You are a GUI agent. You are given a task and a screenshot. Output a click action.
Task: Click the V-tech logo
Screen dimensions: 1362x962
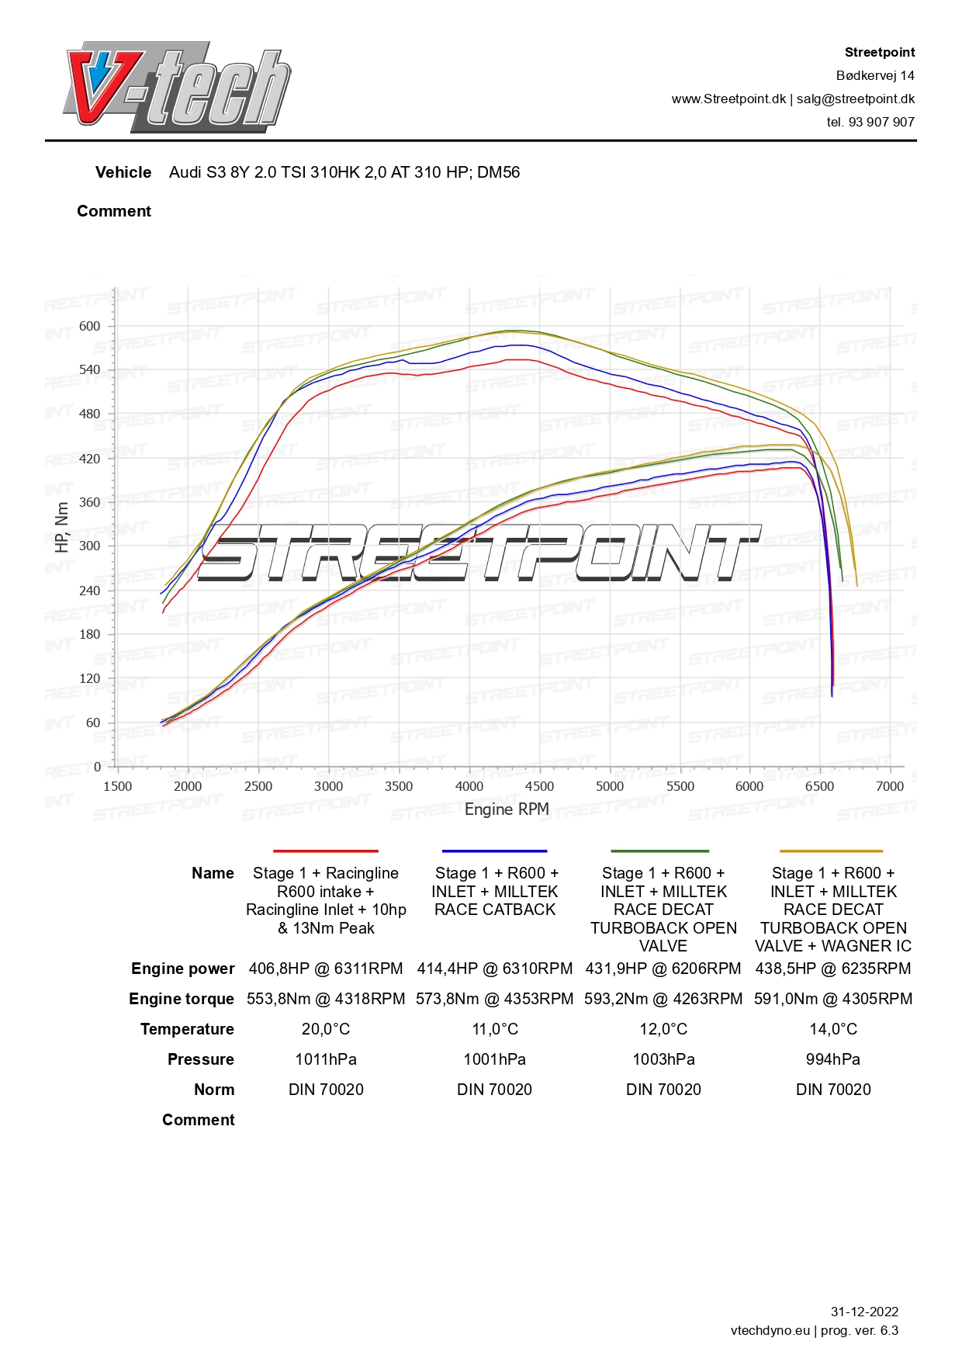tap(177, 87)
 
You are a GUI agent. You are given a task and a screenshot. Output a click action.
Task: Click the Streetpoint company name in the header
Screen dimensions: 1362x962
tap(879, 52)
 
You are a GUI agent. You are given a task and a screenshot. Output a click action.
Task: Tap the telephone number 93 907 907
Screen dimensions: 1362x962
tap(881, 122)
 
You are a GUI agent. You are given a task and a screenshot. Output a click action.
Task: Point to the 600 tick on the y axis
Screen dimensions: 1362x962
tap(90, 326)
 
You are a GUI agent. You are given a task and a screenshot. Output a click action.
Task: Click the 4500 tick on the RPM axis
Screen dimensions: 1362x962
tap(539, 786)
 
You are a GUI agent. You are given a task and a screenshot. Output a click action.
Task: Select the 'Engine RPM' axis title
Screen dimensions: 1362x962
tap(507, 809)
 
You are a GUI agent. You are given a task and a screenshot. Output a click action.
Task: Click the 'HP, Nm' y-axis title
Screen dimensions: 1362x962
tap(62, 527)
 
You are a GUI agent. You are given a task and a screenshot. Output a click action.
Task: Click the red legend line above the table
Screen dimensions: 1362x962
tap(326, 851)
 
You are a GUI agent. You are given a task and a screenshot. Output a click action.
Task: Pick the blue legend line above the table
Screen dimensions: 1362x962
tap(494, 851)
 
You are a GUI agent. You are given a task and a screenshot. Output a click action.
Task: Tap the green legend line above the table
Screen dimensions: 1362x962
tap(660, 851)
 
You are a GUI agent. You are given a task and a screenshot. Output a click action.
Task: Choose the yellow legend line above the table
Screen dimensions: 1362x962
tap(831, 851)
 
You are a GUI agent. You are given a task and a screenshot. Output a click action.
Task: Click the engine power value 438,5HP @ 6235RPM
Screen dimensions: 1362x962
tap(833, 969)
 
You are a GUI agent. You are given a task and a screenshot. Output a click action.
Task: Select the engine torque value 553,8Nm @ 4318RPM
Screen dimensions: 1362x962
tap(326, 999)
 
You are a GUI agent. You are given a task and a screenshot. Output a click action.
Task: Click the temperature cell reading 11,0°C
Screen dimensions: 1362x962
tap(495, 1029)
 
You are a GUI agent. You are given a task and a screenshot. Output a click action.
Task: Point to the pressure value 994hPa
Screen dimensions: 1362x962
tap(833, 1059)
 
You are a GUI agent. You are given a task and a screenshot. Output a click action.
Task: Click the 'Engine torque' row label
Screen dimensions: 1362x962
tap(182, 999)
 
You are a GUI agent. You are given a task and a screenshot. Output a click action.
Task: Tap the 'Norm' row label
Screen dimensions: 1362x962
tap(214, 1090)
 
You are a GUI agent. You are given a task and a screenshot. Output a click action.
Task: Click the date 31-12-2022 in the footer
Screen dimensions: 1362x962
tap(864, 1312)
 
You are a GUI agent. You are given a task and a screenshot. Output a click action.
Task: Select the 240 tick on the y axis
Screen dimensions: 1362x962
tap(90, 591)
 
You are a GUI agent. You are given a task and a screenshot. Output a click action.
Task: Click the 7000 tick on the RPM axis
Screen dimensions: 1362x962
tap(890, 786)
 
